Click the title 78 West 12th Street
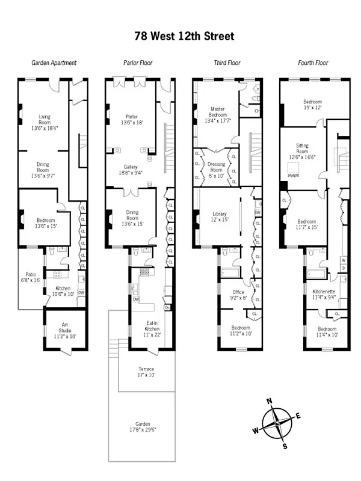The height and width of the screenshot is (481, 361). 184,36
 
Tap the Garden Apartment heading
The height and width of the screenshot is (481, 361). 54,63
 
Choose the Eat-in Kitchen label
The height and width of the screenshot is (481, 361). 152,327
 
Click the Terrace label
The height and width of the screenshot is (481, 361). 146,373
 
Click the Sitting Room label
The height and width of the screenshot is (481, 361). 303,149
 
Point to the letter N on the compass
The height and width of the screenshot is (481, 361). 270,402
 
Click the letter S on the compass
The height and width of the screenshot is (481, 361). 285,446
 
